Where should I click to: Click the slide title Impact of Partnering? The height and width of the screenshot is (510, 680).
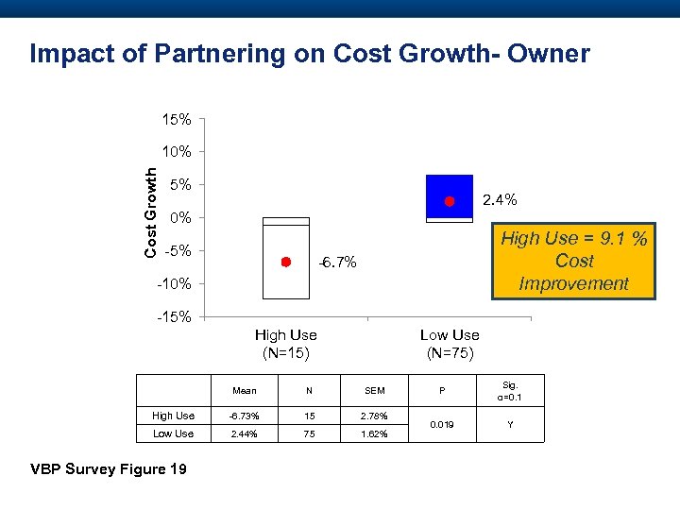point(309,54)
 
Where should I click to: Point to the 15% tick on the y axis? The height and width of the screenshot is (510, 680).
point(177,120)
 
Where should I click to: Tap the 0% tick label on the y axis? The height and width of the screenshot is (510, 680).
point(179,218)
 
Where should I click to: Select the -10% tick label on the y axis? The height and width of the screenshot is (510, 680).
point(174,283)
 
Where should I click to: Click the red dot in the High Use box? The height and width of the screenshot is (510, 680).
point(285,263)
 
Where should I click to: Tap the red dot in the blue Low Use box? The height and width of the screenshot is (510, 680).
point(450,201)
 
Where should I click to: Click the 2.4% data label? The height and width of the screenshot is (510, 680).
point(500,200)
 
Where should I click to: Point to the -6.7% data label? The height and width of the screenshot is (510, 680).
point(338,263)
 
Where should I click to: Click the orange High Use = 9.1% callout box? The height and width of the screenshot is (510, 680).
point(573,261)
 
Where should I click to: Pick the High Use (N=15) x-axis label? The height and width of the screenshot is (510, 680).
point(285,344)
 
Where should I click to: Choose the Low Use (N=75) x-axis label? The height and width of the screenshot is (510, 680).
point(450,344)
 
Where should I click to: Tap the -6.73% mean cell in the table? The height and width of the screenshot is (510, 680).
point(243,416)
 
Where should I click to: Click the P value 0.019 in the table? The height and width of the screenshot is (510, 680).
point(441,424)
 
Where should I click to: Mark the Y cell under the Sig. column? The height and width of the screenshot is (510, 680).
point(510,424)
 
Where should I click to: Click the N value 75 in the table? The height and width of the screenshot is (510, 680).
point(310,433)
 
